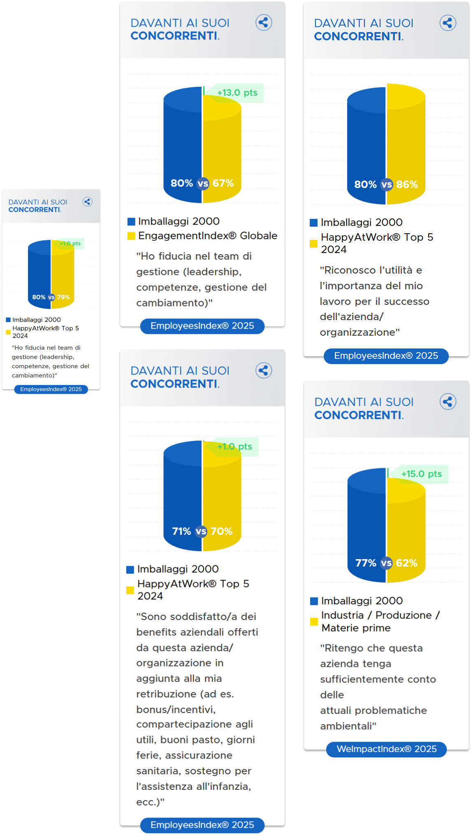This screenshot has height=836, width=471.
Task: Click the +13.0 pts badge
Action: pos(237,93)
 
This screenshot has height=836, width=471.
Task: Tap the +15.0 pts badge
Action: pos(421,474)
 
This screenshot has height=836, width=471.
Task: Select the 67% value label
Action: pos(223,183)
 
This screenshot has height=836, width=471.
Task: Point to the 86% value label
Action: pos(407,185)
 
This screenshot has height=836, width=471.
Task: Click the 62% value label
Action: pos(406,563)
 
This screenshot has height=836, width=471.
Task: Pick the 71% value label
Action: pos(181,532)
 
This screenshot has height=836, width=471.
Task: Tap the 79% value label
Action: pos(63,297)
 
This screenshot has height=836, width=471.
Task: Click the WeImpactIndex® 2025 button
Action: pos(386,749)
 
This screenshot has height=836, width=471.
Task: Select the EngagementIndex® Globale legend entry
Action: pos(207,236)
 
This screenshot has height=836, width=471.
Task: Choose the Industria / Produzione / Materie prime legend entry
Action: pos(380,621)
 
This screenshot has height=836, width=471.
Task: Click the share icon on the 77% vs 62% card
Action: pos(448,402)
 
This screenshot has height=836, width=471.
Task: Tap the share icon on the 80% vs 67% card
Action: pos(264,23)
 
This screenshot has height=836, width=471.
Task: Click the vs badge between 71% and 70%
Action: pos(201,532)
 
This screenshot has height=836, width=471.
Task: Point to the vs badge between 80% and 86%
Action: pos(386,185)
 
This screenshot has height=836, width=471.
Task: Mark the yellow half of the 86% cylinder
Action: pos(406,140)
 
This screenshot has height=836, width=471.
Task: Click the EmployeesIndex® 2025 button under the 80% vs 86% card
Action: pos(386,356)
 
